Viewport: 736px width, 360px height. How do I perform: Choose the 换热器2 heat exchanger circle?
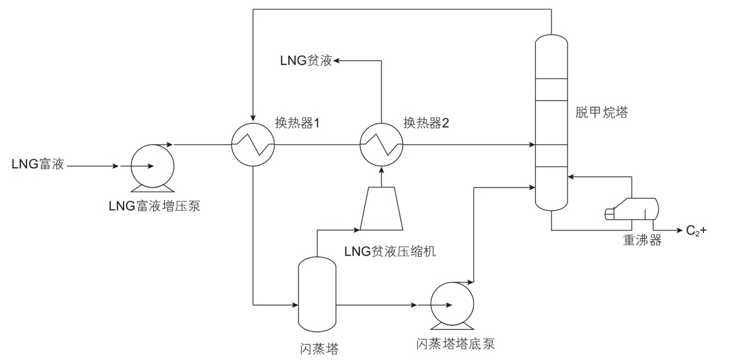point(381,144)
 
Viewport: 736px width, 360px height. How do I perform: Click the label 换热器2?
point(426,123)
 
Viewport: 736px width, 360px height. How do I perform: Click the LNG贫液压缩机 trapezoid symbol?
point(381,208)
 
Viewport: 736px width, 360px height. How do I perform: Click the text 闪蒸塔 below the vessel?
point(317,349)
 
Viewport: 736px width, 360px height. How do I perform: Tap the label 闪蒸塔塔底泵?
point(456,343)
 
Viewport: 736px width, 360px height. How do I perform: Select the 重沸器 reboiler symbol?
point(632,209)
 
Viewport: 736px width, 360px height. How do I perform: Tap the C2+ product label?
point(696,231)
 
